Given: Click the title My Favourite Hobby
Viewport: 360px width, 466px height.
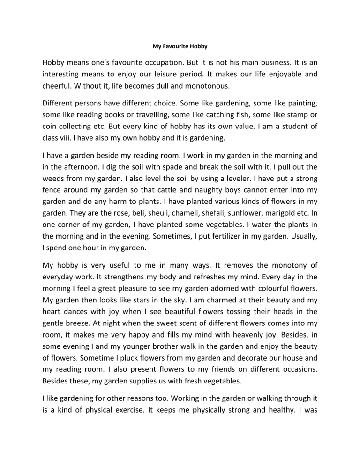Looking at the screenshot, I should click(180, 47).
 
